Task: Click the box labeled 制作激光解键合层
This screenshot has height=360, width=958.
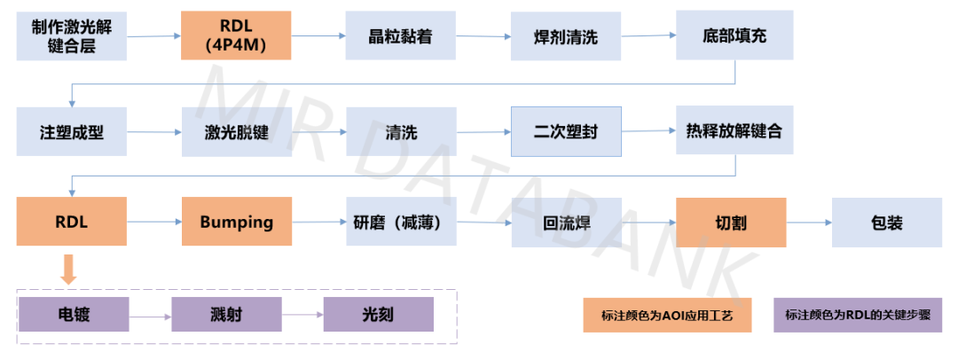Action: [72, 35]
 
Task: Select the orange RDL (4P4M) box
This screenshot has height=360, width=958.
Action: [236, 35]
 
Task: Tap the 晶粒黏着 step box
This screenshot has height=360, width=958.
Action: [401, 35]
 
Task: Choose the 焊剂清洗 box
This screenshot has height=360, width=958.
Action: [565, 35]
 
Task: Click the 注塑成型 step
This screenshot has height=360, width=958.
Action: [72, 132]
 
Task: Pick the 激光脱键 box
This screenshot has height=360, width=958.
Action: [236, 132]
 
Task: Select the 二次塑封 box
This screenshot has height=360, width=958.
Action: [566, 132]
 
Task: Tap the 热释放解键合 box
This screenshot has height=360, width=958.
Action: [734, 132]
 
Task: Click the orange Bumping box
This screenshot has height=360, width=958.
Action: [236, 222]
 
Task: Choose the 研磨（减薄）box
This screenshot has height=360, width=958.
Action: [401, 222]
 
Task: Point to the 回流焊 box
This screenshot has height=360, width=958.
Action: [565, 222]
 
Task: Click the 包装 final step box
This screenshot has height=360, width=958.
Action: [886, 222]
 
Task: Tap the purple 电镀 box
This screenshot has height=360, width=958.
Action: [74, 315]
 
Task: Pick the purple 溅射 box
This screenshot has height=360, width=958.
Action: [226, 315]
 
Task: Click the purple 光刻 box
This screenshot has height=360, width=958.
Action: [379, 315]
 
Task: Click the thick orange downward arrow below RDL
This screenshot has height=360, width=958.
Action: [68, 269]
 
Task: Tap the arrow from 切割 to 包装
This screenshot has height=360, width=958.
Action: [808, 222]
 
